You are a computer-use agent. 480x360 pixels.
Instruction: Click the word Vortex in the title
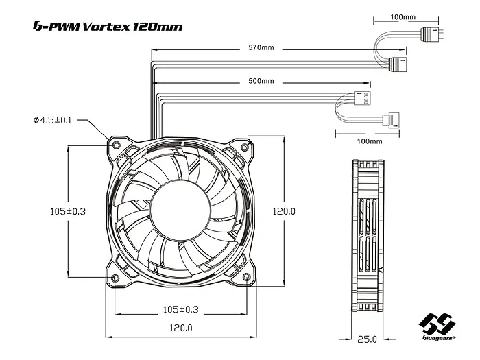point(102,27)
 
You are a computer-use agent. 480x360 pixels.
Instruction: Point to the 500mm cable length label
point(261,81)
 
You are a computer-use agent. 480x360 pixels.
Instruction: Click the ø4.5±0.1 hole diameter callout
point(52,121)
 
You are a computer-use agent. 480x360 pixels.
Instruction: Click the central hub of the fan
point(180,211)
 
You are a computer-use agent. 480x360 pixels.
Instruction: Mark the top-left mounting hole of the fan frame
point(115,145)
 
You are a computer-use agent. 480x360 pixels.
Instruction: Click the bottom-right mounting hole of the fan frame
point(247,277)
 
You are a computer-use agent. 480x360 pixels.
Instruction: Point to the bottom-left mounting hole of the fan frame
point(115,277)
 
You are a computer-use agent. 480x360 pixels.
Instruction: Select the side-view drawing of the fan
point(367,239)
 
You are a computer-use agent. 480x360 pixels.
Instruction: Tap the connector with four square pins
point(361,97)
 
